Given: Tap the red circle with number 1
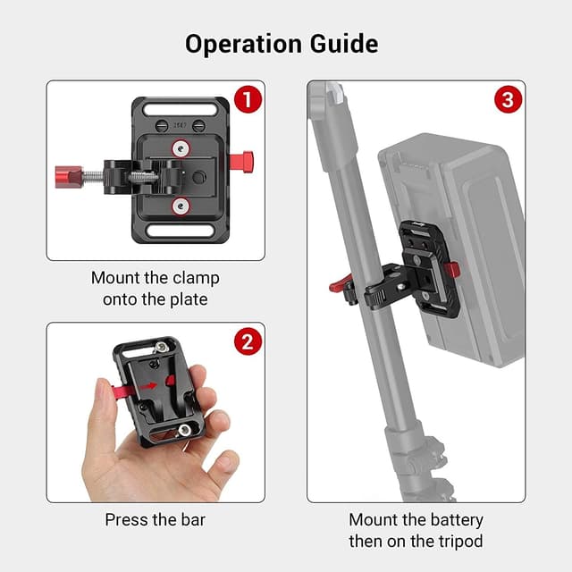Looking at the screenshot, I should point(248,99).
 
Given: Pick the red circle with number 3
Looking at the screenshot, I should point(508,99).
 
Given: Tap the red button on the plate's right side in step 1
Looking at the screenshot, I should point(242,162).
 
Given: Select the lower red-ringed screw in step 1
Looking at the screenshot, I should point(181,206).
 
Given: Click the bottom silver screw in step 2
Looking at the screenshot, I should point(185,432).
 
